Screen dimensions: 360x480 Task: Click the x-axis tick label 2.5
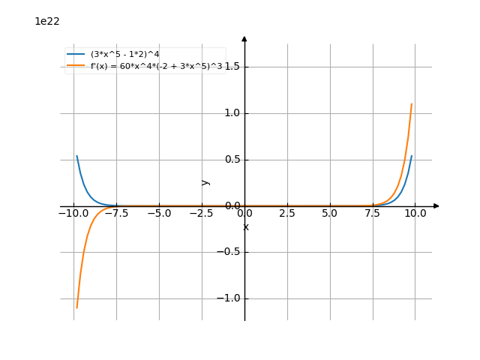point(287,213)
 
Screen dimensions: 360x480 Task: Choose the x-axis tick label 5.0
point(330,213)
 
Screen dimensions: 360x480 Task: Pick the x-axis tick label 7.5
point(373,213)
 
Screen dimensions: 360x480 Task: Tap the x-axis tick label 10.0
point(415,213)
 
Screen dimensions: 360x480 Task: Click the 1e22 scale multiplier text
point(47,22)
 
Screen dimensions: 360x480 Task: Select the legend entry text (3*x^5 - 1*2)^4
point(124,54)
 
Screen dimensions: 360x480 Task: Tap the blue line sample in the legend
point(76,54)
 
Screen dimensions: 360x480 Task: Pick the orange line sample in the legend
point(76,66)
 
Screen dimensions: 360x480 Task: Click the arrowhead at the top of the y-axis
point(244,37)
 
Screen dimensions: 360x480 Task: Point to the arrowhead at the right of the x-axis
point(436,205)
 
